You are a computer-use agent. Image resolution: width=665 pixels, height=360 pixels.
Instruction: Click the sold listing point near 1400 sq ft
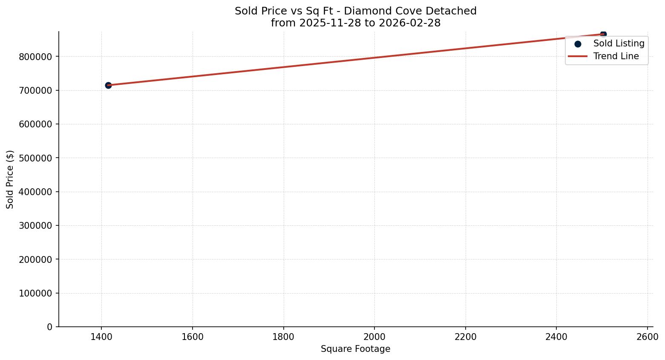(108, 85)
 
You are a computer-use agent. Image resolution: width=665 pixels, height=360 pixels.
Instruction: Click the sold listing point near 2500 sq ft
(603, 34)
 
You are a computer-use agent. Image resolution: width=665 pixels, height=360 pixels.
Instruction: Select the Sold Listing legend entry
(618, 43)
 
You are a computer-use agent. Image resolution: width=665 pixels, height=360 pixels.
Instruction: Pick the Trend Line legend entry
(616, 56)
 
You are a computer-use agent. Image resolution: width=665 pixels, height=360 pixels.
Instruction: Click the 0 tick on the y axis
(50, 327)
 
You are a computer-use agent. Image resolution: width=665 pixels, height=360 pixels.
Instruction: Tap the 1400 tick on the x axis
(101, 337)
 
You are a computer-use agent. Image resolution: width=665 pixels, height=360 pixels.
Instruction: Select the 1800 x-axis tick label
(283, 337)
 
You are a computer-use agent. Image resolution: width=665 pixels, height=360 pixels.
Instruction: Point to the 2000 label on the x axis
(374, 337)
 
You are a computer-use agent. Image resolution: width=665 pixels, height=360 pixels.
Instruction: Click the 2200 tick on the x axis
(466, 337)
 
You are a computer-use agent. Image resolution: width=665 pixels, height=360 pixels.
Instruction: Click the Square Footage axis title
(355, 349)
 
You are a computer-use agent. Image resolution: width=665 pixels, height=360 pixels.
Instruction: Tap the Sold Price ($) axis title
(10, 179)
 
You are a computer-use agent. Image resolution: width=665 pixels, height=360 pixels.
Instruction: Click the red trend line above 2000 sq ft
(374, 58)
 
